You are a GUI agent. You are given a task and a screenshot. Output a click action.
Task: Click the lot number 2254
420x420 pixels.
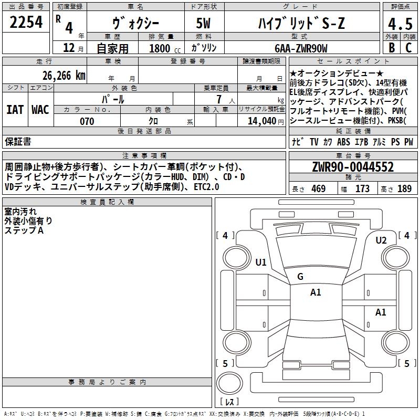point(26,22)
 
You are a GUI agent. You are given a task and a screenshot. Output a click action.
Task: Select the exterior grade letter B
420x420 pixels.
point(391,47)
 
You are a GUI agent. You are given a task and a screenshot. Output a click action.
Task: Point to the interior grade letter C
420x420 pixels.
point(409,47)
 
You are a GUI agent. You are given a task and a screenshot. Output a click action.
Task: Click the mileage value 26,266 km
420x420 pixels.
point(64,75)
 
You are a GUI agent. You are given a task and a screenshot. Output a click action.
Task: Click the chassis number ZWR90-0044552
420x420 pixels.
point(353,167)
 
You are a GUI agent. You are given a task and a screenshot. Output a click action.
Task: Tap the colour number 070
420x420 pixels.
point(87,121)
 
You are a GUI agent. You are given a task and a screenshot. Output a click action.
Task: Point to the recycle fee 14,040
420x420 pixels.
point(261,121)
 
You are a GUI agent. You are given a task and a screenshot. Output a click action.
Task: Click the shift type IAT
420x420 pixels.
point(15,109)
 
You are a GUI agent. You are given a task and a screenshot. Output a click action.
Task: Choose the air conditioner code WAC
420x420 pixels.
point(40,109)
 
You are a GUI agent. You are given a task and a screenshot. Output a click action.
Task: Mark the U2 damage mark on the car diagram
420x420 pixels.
point(381,240)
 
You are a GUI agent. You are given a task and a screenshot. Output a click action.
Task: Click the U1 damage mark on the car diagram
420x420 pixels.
point(261,262)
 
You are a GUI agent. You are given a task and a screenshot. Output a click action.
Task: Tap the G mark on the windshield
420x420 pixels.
point(300,277)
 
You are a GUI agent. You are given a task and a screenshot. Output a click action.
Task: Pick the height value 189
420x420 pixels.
point(405,189)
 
